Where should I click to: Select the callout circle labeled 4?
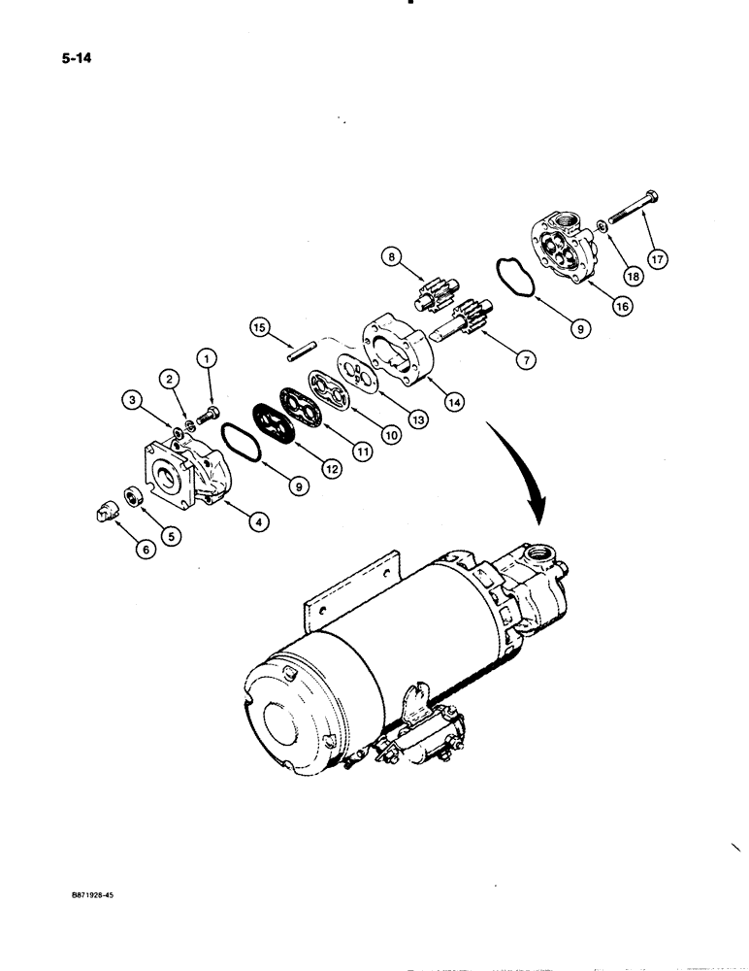257,522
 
